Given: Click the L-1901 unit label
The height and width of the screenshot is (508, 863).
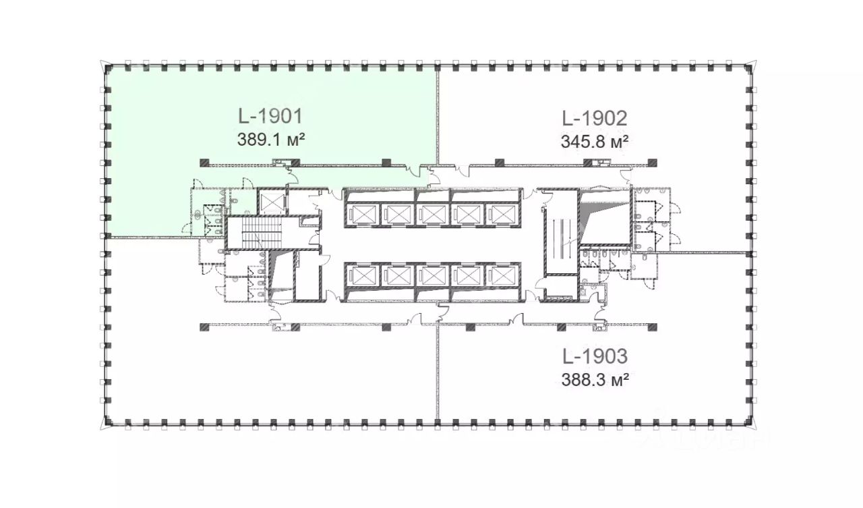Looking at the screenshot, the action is click(x=270, y=117).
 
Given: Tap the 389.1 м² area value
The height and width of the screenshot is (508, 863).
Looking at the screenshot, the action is click(x=271, y=140).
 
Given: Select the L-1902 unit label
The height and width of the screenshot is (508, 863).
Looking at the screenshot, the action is click(x=595, y=118).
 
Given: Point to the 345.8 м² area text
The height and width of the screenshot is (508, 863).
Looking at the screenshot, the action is click(x=595, y=142).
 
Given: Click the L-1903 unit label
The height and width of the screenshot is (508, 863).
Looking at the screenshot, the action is click(x=595, y=356).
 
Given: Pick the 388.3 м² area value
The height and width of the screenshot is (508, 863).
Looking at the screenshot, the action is click(x=595, y=380).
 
